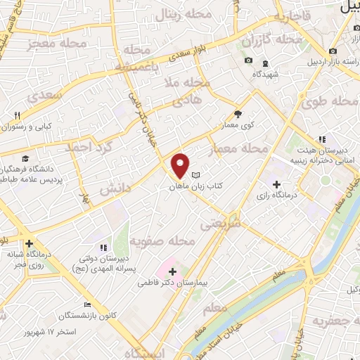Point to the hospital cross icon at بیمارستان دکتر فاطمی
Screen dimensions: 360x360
click(172, 271)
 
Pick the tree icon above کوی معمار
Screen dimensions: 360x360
click(238, 113)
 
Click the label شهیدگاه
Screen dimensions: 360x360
click(266, 73)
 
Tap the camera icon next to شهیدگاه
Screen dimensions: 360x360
click(248, 60)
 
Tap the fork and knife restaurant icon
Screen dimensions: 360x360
click(17, 115)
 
